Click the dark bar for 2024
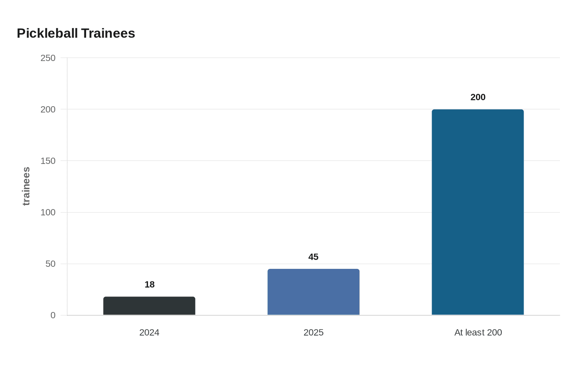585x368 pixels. point(149,306)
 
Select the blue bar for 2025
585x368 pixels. point(313,292)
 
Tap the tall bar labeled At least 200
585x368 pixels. point(478,212)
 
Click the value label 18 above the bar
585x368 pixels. point(150,284)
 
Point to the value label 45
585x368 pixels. point(313,257)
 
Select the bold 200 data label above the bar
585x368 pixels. point(478,97)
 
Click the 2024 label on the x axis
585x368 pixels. point(149,332)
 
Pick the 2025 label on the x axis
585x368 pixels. point(313,332)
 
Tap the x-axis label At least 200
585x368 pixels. point(478,332)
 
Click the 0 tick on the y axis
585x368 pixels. point(53,315)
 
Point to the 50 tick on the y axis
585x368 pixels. point(51,264)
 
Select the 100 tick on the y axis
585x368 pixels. point(48,212)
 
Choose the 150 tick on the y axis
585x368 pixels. point(48,161)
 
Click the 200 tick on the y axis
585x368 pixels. point(48,109)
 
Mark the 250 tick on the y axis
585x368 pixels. point(48,58)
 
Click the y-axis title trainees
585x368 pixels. point(26,187)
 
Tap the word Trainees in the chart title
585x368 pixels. point(108,33)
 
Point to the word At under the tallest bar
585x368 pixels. point(459,332)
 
